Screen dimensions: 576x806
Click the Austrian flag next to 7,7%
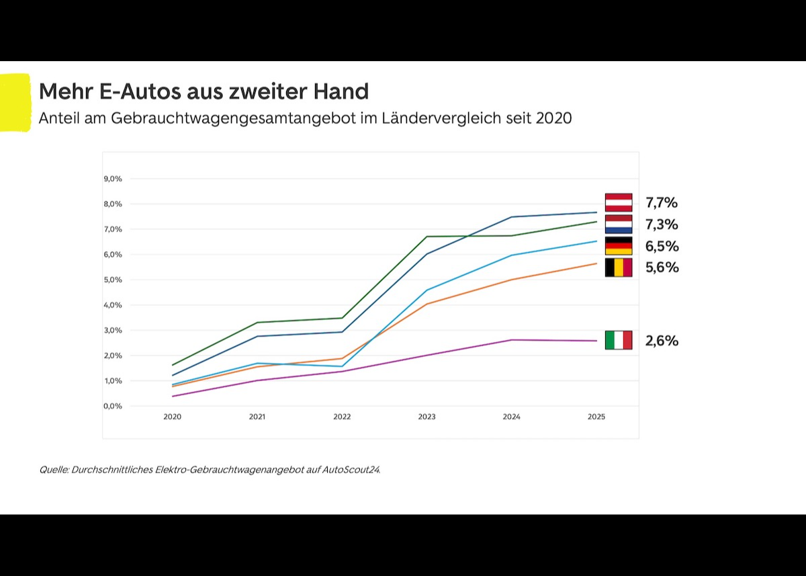coord(618,202)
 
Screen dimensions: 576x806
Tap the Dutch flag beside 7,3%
coord(618,224)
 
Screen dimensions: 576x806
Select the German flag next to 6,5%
coord(618,246)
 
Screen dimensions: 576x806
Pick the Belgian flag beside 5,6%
coord(618,268)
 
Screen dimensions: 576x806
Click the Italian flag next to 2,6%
coord(618,340)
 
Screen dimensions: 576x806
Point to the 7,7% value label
coord(662,202)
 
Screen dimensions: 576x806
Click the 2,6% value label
coord(662,341)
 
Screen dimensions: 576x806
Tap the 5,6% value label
coord(662,268)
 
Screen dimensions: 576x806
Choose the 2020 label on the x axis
coord(172,417)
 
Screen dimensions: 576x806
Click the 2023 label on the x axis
coord(427,417)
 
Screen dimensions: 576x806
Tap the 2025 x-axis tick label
coord(596,417)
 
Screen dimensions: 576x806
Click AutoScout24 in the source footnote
coord(351,470)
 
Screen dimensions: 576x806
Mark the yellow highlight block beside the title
coord(15,102)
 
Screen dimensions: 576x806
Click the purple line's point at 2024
coord(511,340)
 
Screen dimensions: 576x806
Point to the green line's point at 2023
coord(427,237)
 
